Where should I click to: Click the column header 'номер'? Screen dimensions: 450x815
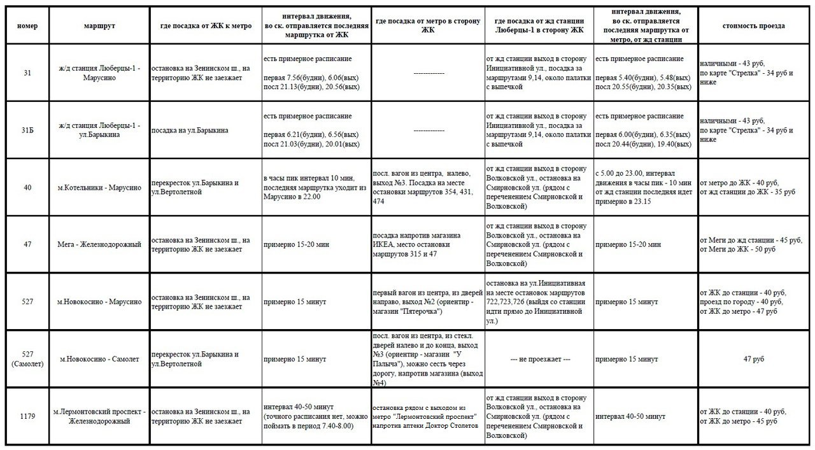[27, 26]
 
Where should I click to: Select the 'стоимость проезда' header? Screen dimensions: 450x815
[753, 26]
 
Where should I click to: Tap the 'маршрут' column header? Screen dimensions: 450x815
[99, 26]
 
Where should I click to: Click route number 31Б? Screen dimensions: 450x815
[27, 130]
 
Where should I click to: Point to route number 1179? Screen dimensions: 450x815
[27, 416]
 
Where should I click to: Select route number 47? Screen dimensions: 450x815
[27, 244]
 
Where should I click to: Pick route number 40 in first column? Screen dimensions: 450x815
[27, 187]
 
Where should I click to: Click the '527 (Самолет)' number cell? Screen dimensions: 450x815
[27, 359]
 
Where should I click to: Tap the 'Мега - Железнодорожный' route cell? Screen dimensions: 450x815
[99, 244]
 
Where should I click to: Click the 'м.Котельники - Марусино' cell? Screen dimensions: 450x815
[99, 187]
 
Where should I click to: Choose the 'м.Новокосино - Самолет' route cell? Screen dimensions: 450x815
[99, 359]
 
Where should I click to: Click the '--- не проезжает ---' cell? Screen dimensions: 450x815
[539, 359]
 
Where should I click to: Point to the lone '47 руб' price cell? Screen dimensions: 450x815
[753, 359]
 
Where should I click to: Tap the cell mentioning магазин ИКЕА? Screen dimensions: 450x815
[427, 244]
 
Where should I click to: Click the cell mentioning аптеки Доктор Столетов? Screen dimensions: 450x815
[427, 416]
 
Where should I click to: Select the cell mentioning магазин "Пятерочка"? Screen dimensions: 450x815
[427, 302]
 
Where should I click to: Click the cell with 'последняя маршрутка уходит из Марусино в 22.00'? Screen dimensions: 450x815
[316, 187]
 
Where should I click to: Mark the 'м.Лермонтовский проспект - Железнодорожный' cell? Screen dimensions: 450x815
[99, 416]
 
